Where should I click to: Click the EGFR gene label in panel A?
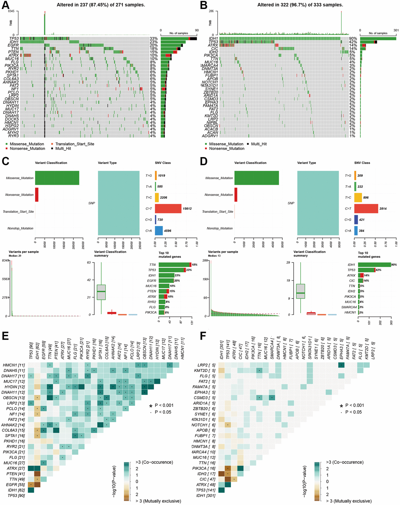click(x=13, y=45)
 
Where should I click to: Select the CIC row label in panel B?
click(x=214, y=49)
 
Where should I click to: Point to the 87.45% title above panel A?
click(x=101, y=5)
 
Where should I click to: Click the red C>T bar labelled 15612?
click(x=168, y=208)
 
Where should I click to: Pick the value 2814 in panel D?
click(x=383, y=208)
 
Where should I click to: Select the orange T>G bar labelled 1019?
click(x=156, y=175)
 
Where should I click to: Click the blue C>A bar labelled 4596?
click(x=159, y=230)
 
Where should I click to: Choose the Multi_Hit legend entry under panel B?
click(x=259, y=144)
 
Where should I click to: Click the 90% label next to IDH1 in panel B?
click(x=353, y=39)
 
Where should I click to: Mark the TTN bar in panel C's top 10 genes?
click(x=174, y=265)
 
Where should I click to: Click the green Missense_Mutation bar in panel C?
click(x=57, y=178)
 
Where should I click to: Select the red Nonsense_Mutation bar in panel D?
click(x=236, y=194)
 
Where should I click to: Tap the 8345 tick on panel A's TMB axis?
click(x=11, y=11)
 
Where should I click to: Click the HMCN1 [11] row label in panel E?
click(x=14, y=365)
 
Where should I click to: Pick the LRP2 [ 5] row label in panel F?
click(x=206, y=365)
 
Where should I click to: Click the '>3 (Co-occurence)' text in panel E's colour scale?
click(x=154, y=462)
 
